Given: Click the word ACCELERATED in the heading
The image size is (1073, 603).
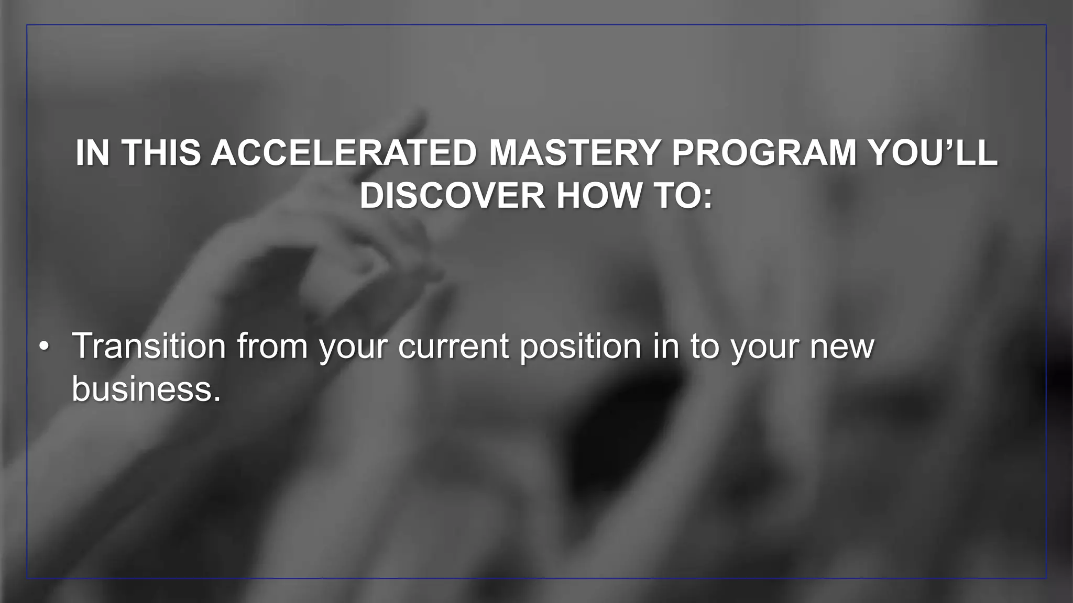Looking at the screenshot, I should (x=344, y=153).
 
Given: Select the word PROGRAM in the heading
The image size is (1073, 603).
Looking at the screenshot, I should (x=763, y=153).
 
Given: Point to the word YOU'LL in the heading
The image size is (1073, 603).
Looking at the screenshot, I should (x=933, y=153).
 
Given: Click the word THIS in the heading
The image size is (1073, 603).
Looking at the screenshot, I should (x=161, y=153).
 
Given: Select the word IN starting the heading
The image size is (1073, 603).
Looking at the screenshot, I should (x=92, y=153).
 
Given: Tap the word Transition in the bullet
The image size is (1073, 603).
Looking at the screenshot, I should (x=149, y=346).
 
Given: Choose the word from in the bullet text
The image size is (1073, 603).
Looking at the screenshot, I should (x=272, y=346).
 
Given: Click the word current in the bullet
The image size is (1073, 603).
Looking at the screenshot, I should (x=453, y=347).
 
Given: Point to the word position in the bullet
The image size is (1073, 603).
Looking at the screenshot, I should (x=581, y=347).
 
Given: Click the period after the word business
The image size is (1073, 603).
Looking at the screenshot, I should (x=217, y=398).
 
